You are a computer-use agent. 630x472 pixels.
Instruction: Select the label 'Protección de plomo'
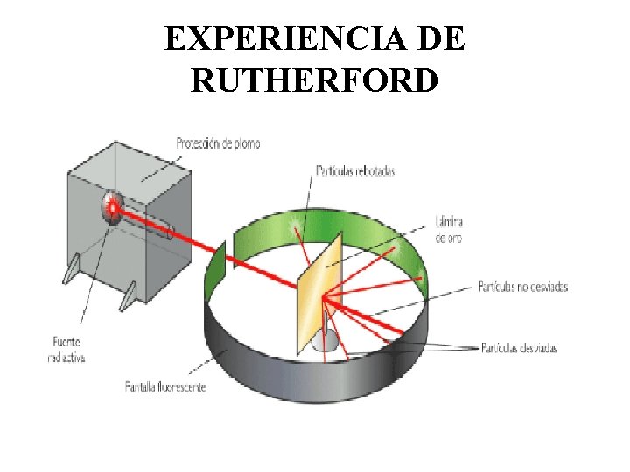coord(218,143)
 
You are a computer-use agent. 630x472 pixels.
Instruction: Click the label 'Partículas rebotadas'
coord(353,170)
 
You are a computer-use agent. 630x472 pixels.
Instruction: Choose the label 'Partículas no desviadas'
coord(523,287)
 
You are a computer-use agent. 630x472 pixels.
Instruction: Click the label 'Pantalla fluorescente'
coord(165,385)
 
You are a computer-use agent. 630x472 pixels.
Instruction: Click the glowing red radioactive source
coord(111,208)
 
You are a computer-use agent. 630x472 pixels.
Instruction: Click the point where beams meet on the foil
coord(323,299)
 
